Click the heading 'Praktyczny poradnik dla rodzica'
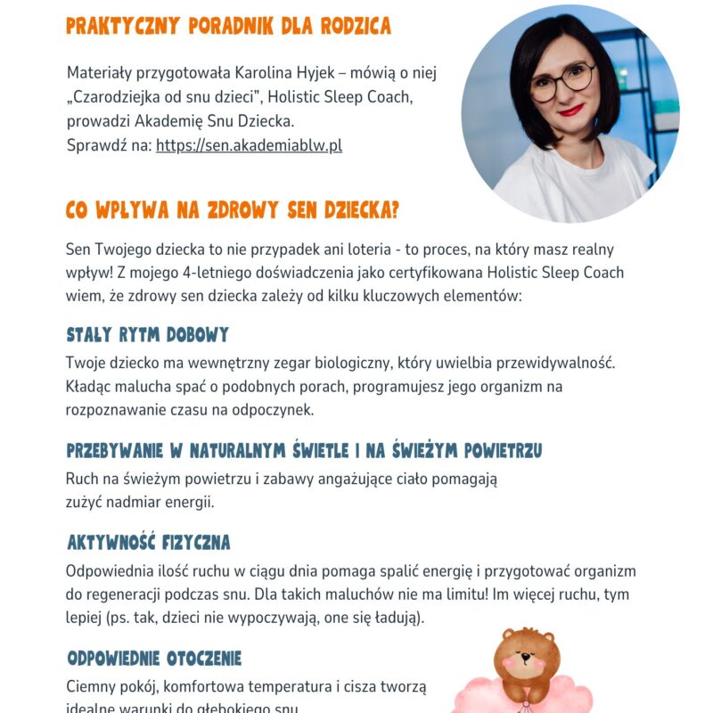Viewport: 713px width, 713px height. (x=228, y=26)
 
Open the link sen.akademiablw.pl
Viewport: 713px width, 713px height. (x=249, y=145)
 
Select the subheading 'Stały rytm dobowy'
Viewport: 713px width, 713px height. (x=147, y=335)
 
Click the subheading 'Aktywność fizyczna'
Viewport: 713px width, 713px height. (x=149, y=542)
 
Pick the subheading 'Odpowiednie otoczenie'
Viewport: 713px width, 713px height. (x=154, y=659)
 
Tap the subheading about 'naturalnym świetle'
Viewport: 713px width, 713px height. (x=304, y=451)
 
